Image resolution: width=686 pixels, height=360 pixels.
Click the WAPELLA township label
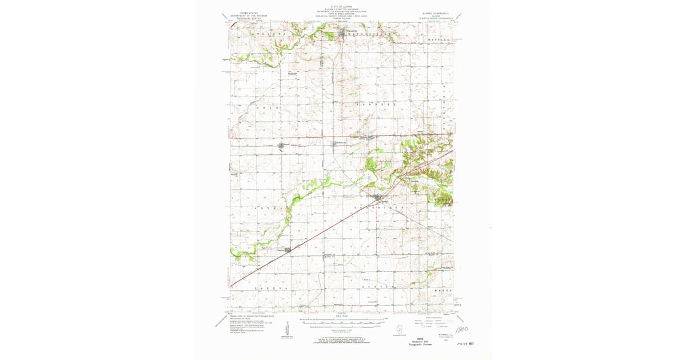439,39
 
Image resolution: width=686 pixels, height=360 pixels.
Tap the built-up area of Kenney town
379,199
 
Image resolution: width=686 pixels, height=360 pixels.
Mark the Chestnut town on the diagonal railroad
288,249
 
